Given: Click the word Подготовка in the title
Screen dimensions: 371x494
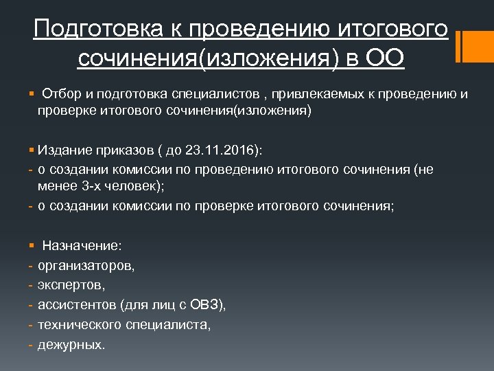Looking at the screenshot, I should coord(103,30).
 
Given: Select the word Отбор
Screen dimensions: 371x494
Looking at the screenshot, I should coord(60,93).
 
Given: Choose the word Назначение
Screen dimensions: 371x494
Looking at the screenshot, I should coord(82,245).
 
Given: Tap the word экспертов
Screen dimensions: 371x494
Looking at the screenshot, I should coord(71,284).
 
